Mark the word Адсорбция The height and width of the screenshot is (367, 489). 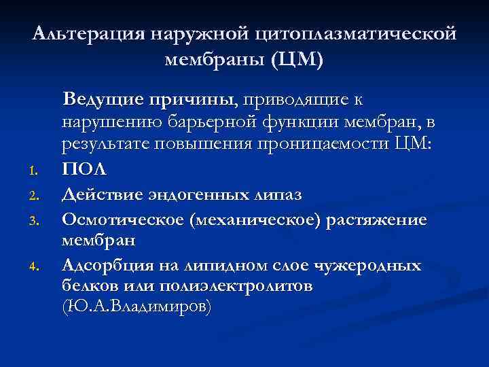coord(101,264)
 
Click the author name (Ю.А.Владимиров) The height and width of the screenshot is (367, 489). coord(137,308)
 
